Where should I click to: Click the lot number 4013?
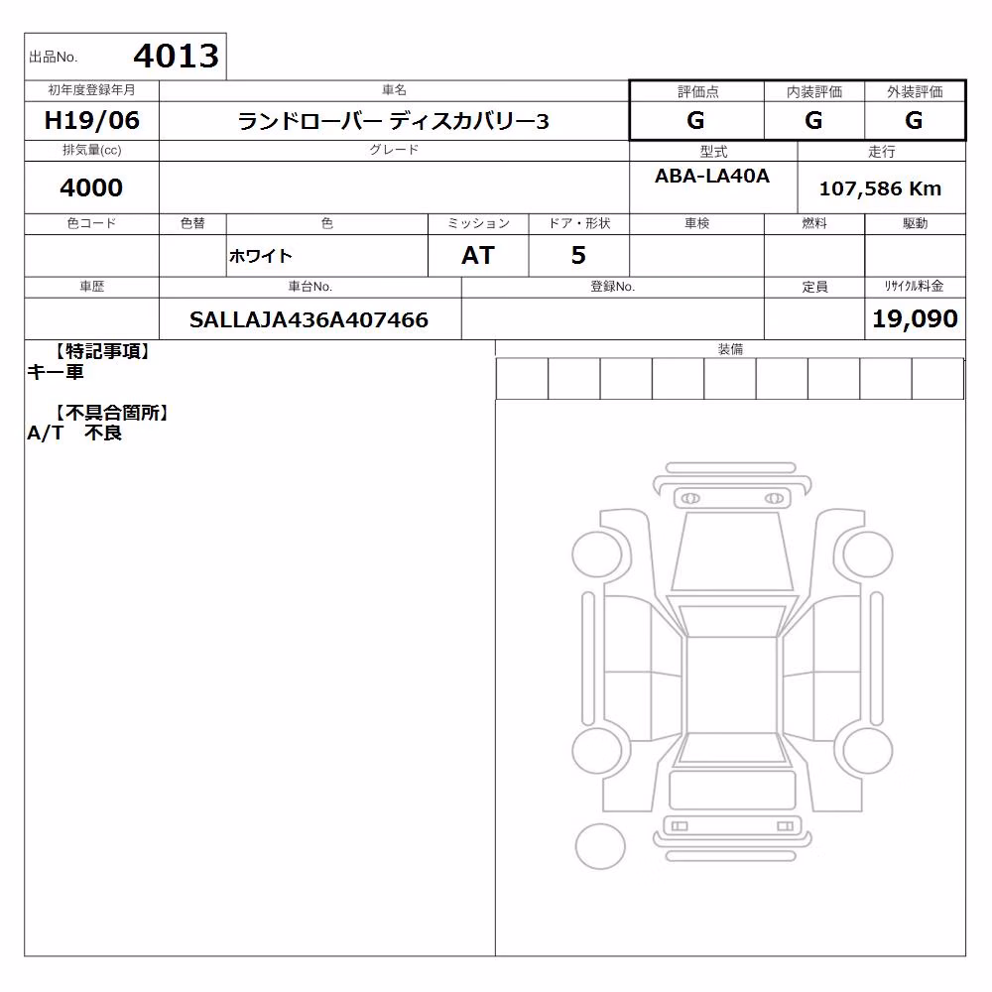pos(176,57)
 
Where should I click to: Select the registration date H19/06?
pos(91,120)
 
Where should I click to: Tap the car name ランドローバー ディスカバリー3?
pos(393,121)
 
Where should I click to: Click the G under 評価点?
pos(695,120)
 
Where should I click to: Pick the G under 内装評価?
pos(813,120)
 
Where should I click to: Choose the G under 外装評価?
pos(914,120)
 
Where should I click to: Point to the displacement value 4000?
pos(91,187)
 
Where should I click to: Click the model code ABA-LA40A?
pos(712,176)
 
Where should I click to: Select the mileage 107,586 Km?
pos(880,188)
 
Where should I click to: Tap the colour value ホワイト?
pos(260,256)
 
